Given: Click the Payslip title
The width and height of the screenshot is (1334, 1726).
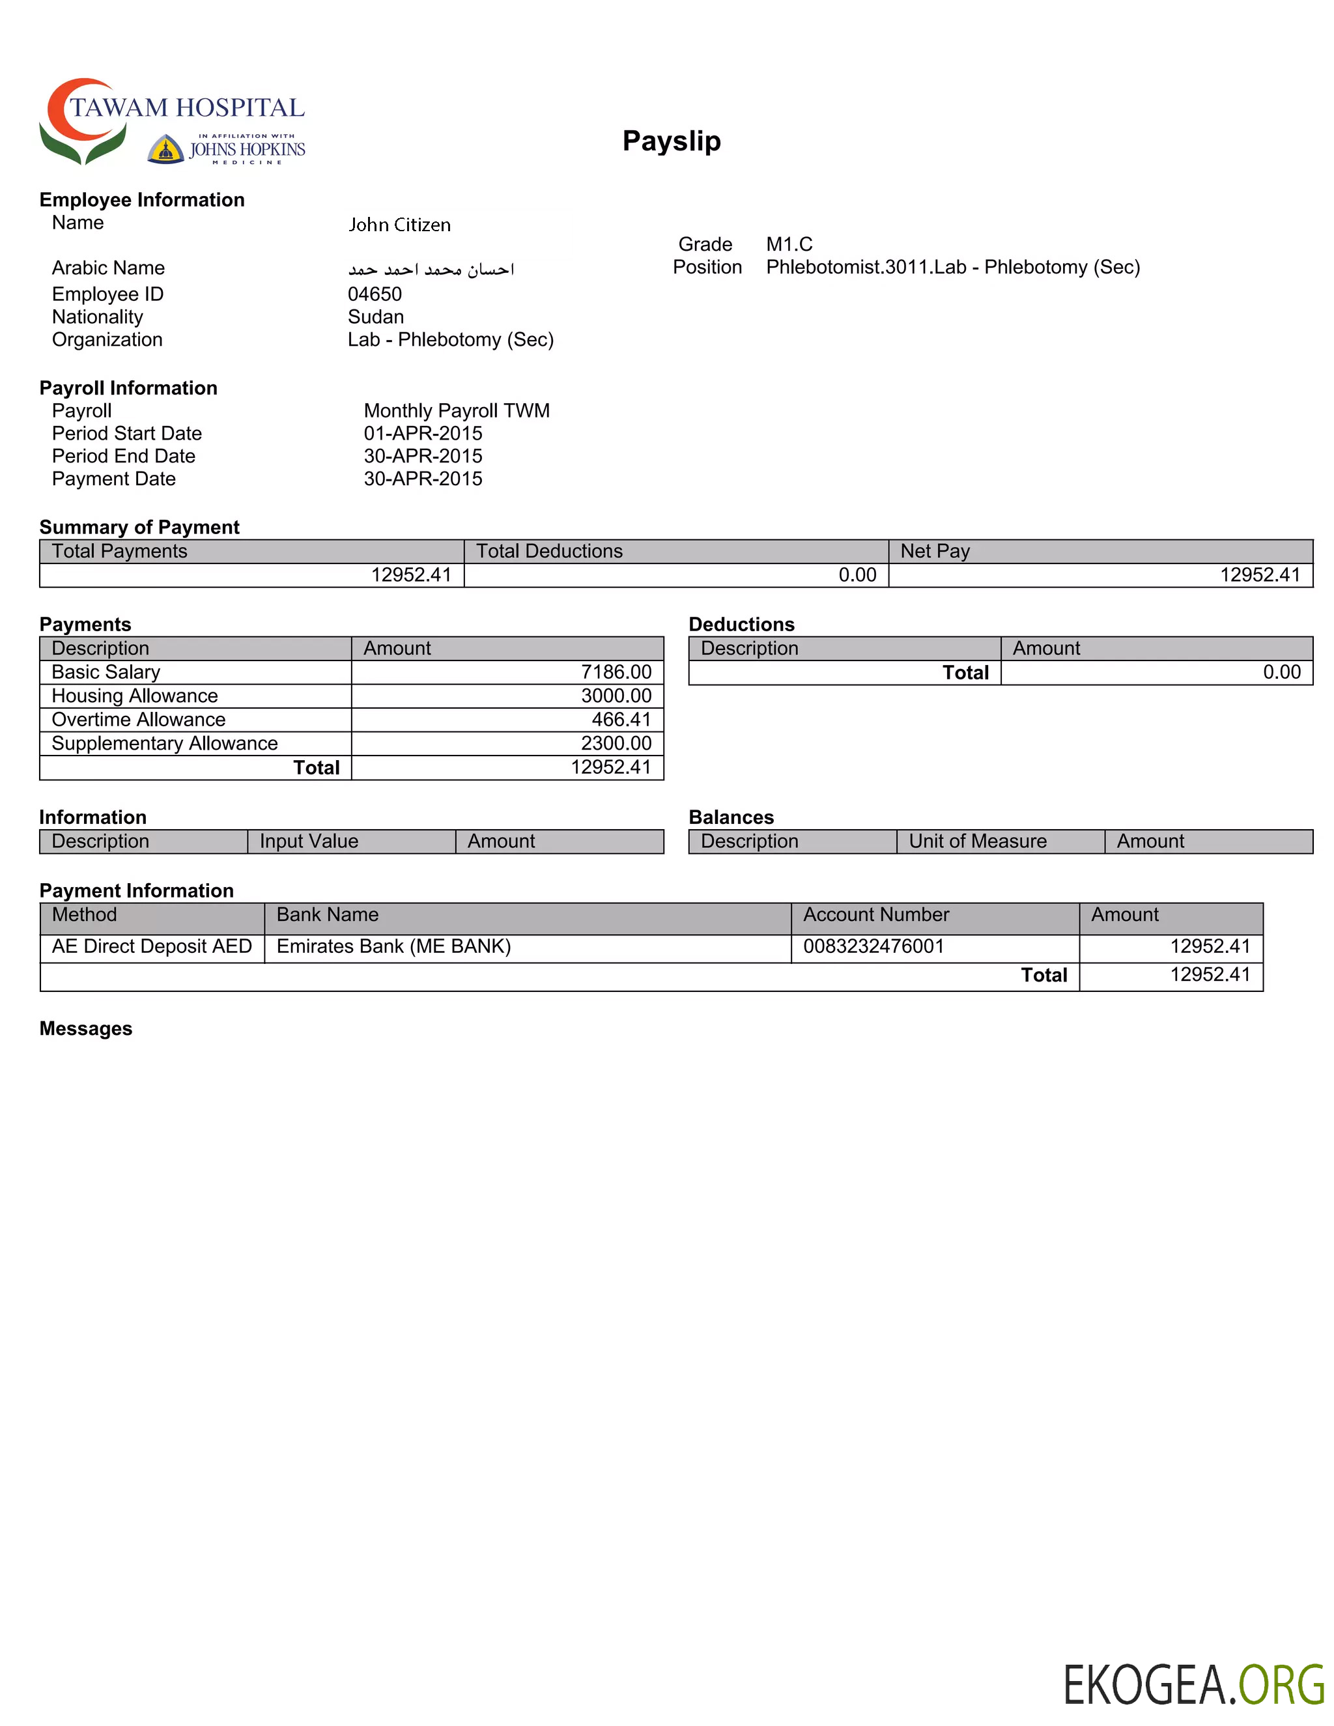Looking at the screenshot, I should point(671,141).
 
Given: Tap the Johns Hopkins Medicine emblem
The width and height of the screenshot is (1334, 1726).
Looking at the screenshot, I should point(166,149).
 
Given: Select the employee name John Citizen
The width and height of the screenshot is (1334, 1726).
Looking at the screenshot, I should point(399,225).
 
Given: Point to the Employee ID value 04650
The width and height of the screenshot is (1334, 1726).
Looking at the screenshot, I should point(375,294).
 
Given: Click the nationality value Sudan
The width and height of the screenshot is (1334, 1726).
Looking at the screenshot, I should point(375,317).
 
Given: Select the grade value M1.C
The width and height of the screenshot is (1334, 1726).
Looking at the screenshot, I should point(789,244).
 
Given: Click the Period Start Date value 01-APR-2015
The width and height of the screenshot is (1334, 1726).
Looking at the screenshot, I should point(423,433).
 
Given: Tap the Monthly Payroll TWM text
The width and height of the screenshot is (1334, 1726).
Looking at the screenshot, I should point(456,411).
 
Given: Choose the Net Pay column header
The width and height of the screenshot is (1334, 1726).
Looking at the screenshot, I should point(935,551).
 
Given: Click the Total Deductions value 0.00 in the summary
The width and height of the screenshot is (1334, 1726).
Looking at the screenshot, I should point(857,574).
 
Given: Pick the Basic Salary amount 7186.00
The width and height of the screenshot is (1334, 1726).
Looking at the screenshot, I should point(616,672).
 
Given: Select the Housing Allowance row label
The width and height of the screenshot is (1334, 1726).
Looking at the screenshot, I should point(134,696).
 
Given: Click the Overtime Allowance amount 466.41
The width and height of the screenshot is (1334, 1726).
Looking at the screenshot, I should point(621,719).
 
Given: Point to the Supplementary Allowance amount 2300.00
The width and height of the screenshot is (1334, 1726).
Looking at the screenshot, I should point(616,743).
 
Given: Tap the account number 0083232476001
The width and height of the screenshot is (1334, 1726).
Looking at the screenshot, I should point(873,946).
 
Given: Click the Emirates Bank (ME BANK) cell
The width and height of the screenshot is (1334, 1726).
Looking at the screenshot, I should point(393,946).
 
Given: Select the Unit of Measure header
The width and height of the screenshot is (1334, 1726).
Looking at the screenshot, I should point(977,841).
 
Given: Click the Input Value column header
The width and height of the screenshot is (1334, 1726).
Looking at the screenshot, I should point(309,841).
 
